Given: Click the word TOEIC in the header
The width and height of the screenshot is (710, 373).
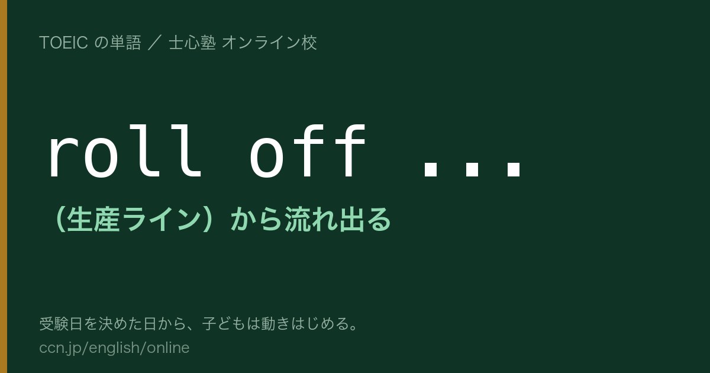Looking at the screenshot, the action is pos(63,43).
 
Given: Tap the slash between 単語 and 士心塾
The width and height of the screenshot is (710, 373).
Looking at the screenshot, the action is pos(155,43).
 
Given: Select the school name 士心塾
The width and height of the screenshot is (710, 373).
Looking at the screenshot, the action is pos(192,43).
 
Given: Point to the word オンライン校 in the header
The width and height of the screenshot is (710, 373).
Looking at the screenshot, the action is pos(269,43).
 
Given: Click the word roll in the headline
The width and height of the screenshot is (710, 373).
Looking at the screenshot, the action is pos(125,151).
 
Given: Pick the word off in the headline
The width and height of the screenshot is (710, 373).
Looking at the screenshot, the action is pos(308,151).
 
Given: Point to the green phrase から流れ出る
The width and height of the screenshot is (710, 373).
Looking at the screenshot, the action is pos(311,219).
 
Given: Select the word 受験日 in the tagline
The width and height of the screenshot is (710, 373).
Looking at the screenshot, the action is pos(61,324).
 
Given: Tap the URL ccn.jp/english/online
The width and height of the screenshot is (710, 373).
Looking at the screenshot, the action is pos(114,348).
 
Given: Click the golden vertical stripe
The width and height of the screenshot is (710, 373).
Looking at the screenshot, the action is pos(4,186).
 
